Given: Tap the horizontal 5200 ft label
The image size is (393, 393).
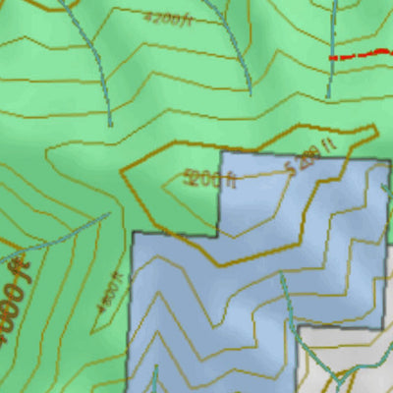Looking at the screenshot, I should point(210,179).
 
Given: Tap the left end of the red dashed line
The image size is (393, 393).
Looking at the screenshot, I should point(331,59).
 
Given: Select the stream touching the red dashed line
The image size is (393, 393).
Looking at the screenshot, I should point(333,29).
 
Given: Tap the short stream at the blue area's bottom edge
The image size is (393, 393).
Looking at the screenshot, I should point(154,378).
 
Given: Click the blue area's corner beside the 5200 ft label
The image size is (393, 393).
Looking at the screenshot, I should point(219,153).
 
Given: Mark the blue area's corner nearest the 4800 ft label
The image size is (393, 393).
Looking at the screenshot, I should point(133,234).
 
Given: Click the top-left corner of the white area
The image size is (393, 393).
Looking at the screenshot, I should point(300,327).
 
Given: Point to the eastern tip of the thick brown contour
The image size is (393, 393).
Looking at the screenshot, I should point(376,128).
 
